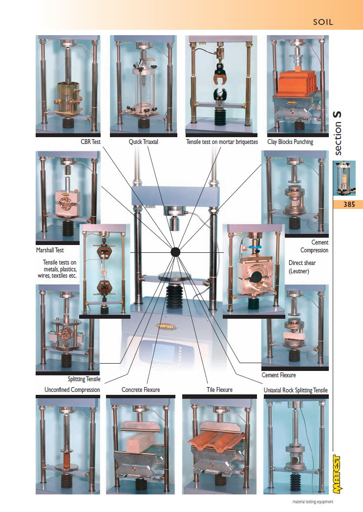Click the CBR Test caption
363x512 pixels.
[x=90, y=142]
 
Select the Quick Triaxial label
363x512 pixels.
[x=144, y=142]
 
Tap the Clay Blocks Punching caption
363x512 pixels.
[x=290, y=142]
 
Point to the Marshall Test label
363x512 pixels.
[x=50, y=250]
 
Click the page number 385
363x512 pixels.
[x=349, y=205]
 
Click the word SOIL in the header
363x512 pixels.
[x=323, y=22]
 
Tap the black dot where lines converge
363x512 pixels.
[x=175, y=252]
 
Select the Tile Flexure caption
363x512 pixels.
[x=219, y=389]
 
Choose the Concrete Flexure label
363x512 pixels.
[x=141, y=389]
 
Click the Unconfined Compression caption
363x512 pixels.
[x=72, y=390]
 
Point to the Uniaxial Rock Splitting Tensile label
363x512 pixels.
[x=296, y=390]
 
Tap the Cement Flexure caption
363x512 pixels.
[x=278, y=375]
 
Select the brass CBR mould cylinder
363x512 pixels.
[x=68, y=96]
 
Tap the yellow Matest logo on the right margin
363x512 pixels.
[x=337, y=474]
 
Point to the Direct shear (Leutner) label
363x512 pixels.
[x=302, y=267]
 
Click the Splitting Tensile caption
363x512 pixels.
[x=84, y=379]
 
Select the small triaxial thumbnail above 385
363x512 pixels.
[x=344, y=178]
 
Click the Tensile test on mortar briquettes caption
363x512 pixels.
[x=222, y=142]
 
